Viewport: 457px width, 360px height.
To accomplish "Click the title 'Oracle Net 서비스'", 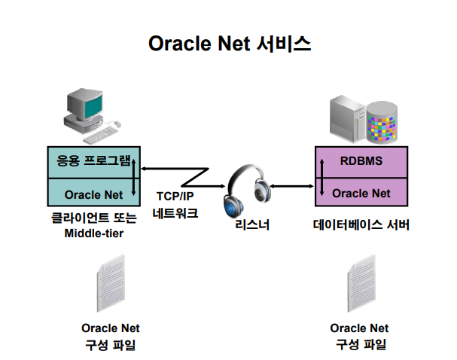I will (229, 43).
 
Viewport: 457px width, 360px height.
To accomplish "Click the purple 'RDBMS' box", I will (361, 161).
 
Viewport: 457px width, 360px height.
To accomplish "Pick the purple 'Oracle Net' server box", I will (361, 193).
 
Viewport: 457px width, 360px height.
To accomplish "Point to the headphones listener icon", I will (246, 193).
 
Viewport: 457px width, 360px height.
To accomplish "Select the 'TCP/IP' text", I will (175, 196).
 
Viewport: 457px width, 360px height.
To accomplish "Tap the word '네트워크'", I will (175, 212).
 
